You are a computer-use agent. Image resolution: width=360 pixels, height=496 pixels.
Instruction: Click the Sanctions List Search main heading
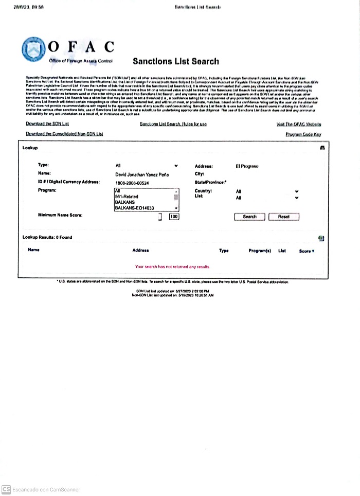pyautogui.click(x=175, y=61)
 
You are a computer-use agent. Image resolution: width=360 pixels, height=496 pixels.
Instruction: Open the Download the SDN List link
pyautogui.click(x=47, y=124)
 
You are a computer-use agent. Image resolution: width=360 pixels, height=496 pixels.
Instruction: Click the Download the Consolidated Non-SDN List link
pyautogui.click(x=64, y=134)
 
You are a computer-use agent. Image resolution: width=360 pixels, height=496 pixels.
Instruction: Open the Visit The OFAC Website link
pyautogui.click(x=298, y=125)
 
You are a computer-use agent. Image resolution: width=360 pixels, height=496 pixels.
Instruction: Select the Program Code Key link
pyautogui.click(x=303, y=134)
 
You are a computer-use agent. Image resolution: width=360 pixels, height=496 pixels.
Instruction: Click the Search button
pyautogui.click(x=249, y=217)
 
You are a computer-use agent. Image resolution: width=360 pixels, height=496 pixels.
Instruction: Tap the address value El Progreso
pyautogui.click(x=247, y=167)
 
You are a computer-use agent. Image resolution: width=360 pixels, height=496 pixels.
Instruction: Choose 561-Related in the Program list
pyautogui.click(x=127, y=197)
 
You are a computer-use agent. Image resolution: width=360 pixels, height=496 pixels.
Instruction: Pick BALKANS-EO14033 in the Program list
pyautogui.click(x=132, y=208)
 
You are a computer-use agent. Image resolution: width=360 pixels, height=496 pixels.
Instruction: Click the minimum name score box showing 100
pyautogui.click(x=173, y=217)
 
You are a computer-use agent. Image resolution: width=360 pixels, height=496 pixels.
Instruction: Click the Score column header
pyautogui.click(x=307, y=251)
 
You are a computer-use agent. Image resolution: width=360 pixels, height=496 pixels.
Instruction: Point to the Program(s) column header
pyautogui.click(x=259, y=251)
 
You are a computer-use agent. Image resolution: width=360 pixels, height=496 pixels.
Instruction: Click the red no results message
pyautogui.click(x=172, y=267)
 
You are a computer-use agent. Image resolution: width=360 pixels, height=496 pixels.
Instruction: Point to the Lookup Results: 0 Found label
pyautogui.click(x=47, y=237)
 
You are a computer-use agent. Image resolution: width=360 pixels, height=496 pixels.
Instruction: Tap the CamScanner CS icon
pyautogui.click(x=6, y=489)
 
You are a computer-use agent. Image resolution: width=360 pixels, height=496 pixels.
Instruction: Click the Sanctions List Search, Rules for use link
pyautogui.click(x=173, y=124)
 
